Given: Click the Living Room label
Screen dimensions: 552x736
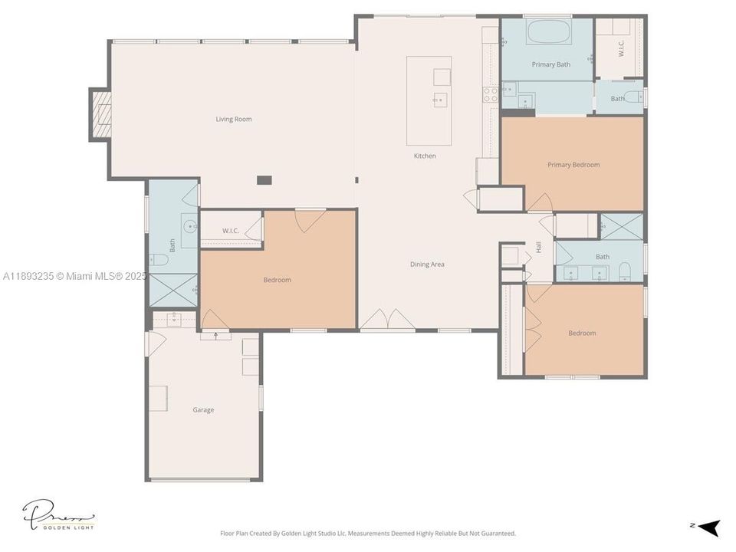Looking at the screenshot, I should point(233,119).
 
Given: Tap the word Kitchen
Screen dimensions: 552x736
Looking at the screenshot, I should point(425,156).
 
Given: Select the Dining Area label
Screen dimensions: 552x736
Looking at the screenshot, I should point(427,264).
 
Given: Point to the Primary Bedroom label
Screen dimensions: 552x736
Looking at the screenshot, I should point(573,165).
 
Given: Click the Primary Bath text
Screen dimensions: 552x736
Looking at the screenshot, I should point(550,64).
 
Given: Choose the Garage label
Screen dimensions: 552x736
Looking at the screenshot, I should point(203,410).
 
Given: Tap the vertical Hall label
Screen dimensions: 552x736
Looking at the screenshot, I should point(538,247).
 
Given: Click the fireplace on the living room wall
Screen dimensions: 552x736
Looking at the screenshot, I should point(100,115).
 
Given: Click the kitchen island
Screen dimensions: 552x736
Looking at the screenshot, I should point(429,100).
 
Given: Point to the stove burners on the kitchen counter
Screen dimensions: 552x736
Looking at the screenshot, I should point(489,94).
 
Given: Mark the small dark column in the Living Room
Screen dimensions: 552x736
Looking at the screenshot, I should point(264,180).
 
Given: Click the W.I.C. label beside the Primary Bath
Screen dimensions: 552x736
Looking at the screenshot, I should point(621,48).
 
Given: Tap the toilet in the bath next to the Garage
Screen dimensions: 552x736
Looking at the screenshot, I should point(159,260).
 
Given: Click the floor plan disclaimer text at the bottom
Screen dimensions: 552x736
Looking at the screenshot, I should point(368,533).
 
